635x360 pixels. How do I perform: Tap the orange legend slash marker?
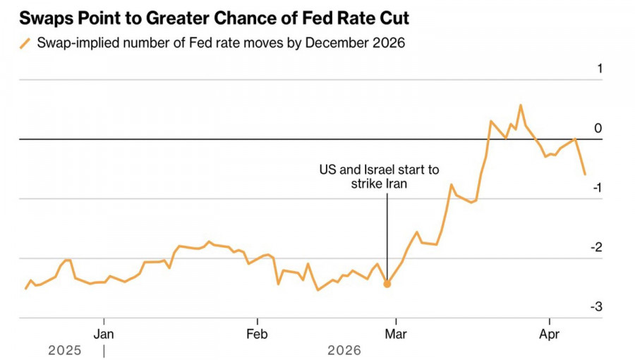25,43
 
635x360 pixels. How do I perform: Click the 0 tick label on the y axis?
598,128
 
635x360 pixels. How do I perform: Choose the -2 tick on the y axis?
596,247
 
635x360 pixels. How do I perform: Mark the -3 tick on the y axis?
596,306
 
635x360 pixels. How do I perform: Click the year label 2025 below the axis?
65,350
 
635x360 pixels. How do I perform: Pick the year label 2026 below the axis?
344,350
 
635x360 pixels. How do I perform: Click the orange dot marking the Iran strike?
387,284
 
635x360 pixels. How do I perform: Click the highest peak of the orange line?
521,106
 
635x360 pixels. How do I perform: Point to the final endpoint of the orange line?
585,174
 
